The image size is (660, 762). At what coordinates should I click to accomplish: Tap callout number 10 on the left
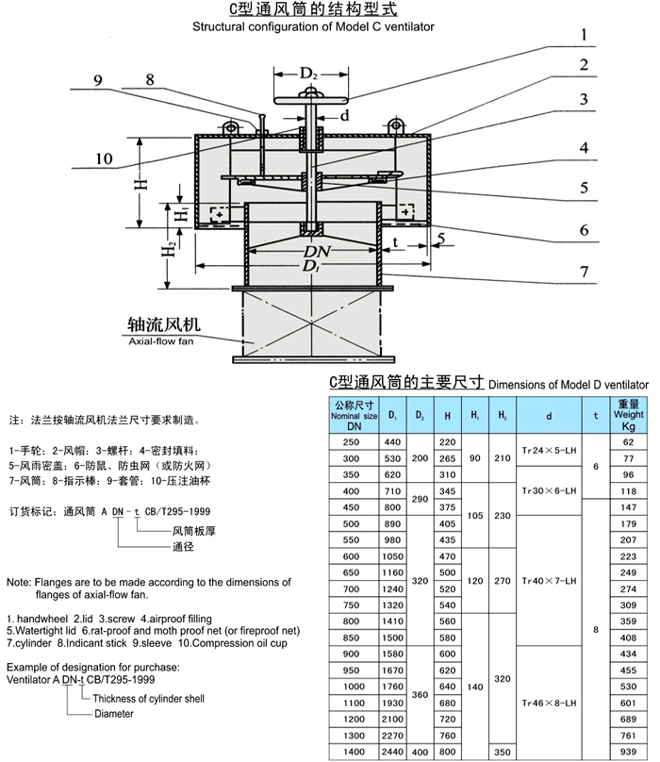[104, 157]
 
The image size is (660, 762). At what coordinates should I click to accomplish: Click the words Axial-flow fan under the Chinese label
[162, 345]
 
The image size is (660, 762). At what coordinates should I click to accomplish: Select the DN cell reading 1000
[353, 686]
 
